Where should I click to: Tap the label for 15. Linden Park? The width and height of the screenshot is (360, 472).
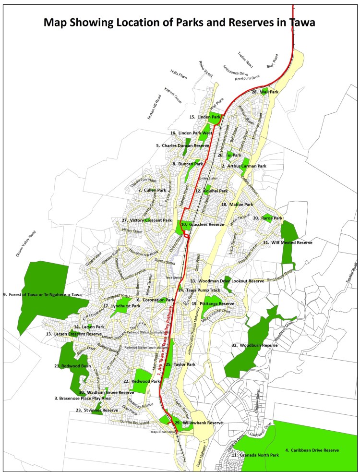pos(205,117)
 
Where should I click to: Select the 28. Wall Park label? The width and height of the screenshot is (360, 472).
pos(265,91)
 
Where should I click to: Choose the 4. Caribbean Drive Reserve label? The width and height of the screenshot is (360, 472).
pos(312,450)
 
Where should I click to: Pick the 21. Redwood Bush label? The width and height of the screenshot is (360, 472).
pos(72,366)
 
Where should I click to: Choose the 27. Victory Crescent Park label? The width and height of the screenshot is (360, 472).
pos(146,220)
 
